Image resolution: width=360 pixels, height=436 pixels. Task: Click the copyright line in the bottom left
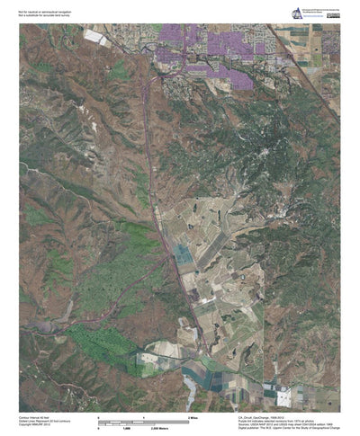point(36,427)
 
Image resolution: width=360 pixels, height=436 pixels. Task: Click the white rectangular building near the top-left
point(94,37)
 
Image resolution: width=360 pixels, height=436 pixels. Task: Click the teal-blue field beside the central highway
point(183,254)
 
